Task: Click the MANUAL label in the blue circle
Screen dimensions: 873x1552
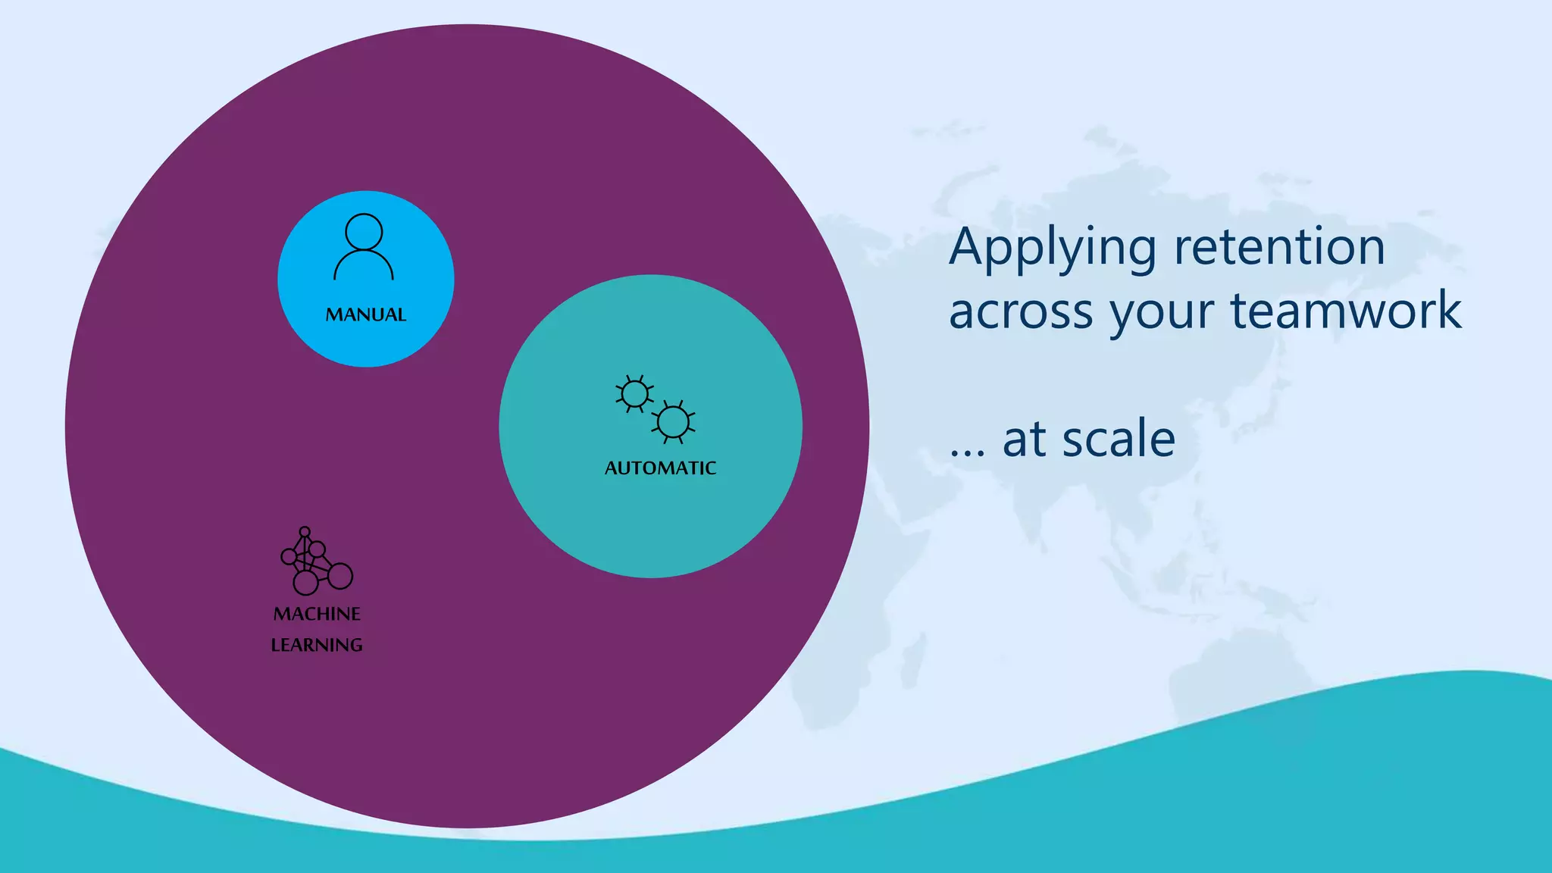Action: click(366, 314)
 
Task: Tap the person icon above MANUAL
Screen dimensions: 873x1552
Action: click(364, 247)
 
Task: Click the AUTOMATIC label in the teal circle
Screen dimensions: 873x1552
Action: click(660, 468)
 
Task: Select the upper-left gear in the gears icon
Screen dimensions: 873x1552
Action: click(635, 394)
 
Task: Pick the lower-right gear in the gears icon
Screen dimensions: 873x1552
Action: click(673, 422)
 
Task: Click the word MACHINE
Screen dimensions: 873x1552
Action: click(317, 614)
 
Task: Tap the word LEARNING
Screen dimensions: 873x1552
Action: click(317, 645)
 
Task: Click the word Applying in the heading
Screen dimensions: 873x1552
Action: click(1052, 249)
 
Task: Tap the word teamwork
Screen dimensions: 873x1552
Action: click(1346, 311)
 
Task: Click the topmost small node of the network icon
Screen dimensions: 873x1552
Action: click(305, 531)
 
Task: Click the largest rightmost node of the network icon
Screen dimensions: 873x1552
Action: click(340, 576)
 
